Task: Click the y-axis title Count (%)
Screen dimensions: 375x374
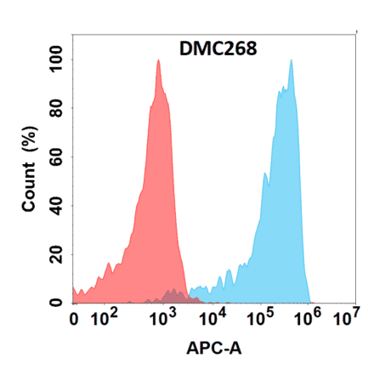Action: [x=29, y=169]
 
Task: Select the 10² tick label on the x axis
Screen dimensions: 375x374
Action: [x=105, y=319]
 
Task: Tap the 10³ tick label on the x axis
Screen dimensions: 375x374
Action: [x=160, y=319]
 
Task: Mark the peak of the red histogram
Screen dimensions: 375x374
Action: [x=158, y=60]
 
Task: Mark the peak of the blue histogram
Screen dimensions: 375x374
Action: [x=292, y=60]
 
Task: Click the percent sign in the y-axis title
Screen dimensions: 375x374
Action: [x=29, y=136]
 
